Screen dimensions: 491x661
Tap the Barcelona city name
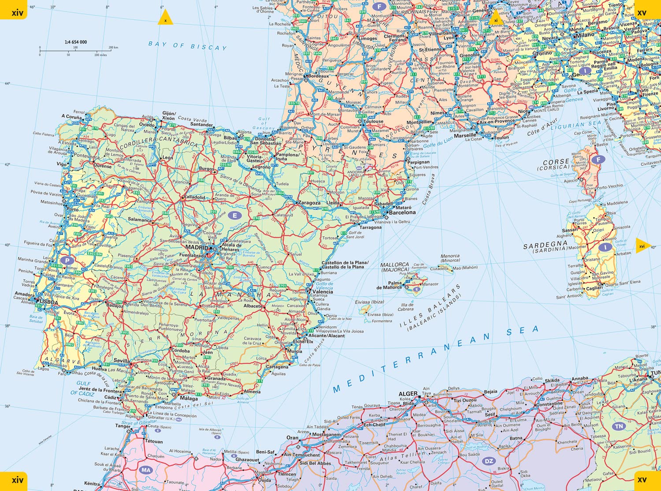click(402, 212)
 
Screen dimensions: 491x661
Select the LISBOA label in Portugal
click(48, 302)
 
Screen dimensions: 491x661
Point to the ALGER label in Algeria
click(408, 394)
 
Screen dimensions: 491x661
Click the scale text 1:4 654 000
click(76, 42)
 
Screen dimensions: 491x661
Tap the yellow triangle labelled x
click(165, 19)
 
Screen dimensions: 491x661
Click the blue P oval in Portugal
click(67, 260)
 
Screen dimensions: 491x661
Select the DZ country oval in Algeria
click(488, 461)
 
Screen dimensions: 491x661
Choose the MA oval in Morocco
click(146, 470)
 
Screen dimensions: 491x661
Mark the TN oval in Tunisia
click(619, 426)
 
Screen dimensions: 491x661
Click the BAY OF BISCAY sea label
click(187, 46)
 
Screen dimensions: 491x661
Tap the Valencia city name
click(323, 292)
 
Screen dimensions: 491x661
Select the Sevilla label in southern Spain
click(122, 361)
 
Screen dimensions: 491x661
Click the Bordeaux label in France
click(319, 76)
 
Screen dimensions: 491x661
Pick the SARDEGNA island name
click(545, 245)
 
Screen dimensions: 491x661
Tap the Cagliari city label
click(594, 288)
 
